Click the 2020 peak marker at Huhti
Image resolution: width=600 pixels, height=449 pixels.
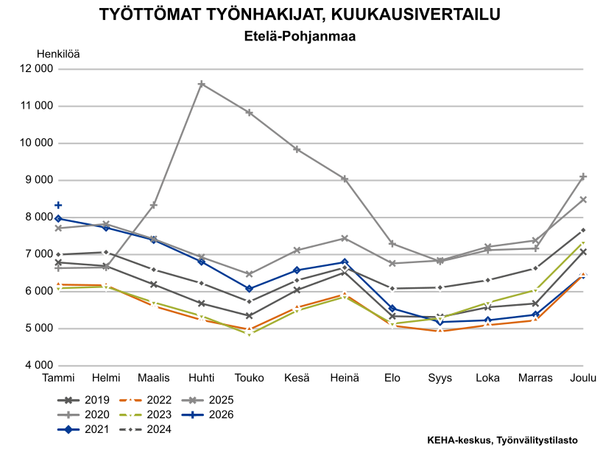pyautogui.click(x=201, y=85)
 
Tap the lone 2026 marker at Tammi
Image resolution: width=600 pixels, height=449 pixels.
pyautogui.click(x=58, y=205)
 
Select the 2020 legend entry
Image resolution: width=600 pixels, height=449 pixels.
pyautogui.click(x=84, y=414)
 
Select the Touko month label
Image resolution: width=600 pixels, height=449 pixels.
pyautogui.click(x=249, y=378)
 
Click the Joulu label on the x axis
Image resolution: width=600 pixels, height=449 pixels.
pyautogui.click(x=583, y=378)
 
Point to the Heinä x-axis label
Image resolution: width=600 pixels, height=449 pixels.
pyautogui.click(x=344, y=378)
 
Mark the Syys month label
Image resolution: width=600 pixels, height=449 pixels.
pyautogui.click(x=440, y=378)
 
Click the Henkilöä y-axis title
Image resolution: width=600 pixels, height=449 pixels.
pyautogui.click(x=58, y=53)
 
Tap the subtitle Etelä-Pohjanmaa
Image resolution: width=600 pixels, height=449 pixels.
pyautogui.click(x=299, y=35)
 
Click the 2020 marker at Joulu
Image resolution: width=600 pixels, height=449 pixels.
pyautogui.click(x=583, y=177)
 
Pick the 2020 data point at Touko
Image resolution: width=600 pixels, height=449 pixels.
pyautogui.click(x=249, y=112)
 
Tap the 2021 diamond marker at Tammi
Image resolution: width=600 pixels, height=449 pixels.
pyautogui.click(x=58, y=218)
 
